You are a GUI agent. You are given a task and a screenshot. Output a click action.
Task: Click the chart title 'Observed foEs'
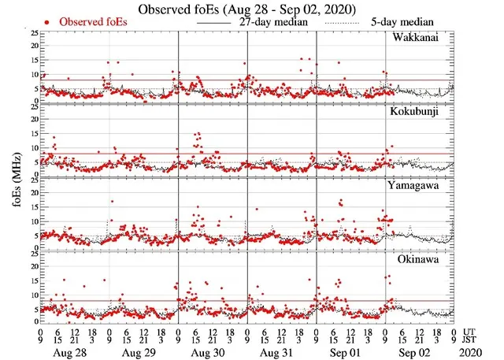coord(251,9)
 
